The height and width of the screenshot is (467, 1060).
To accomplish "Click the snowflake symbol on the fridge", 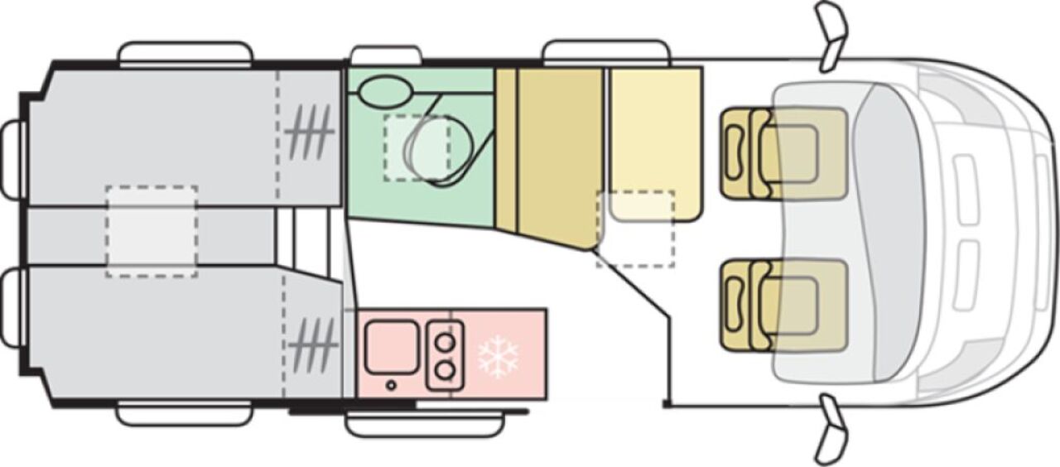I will tap(499, 357).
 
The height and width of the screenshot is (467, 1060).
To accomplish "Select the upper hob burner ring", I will tap(446, 340).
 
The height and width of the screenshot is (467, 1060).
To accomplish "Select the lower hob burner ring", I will tap(446, 369).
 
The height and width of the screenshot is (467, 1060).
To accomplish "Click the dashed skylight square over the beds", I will tap(152, 231).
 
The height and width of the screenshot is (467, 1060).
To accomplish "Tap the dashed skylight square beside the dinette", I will tap(635, 229).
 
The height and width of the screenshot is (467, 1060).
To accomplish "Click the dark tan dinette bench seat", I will tap(558, 154).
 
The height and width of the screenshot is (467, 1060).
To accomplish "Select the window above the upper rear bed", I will tap(185, 54).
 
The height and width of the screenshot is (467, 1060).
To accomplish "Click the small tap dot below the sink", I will tap(391, 385).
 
